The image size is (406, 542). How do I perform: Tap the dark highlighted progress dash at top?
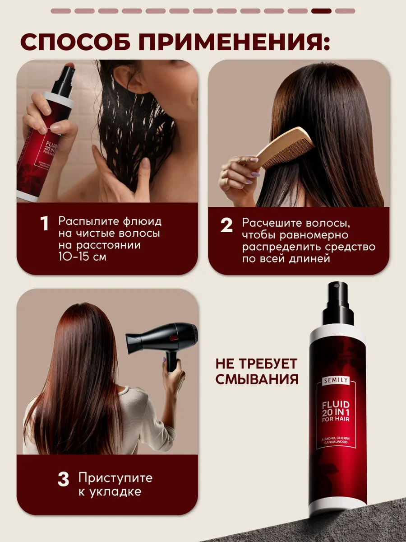(x=321, y=11)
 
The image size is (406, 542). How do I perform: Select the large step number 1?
(x=44, y=224)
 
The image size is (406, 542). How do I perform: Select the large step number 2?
(x=226, y=225)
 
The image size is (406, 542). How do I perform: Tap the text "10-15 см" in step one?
(x=83, y=257)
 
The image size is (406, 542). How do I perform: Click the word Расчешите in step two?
(x=271, y=223)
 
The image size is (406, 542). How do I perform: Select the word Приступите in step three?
(x=115, y=478)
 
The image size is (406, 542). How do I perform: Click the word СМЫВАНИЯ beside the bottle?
(x=257, y=379)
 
